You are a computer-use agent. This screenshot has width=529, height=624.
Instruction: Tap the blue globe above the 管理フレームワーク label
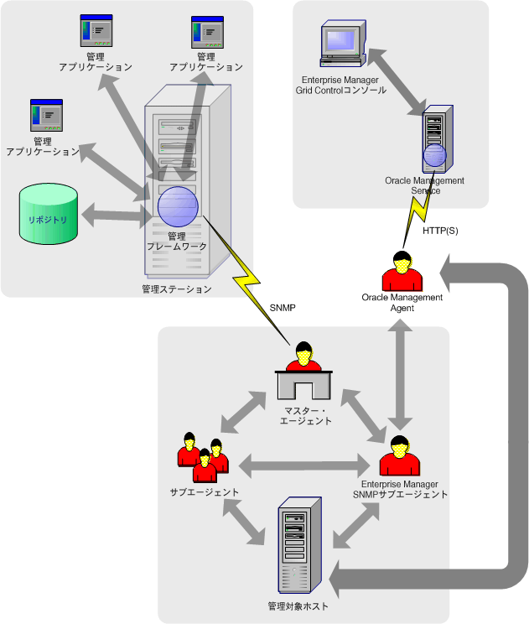[x=178, y=205]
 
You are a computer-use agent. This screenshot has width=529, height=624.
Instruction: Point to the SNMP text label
[x=283, y=309]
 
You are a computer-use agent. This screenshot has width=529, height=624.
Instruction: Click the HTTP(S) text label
[x=440, y=231]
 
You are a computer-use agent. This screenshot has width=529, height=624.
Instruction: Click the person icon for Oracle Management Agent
[x=402, y=270]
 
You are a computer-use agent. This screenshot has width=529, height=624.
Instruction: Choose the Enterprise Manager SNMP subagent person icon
[x=399, y=458]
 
